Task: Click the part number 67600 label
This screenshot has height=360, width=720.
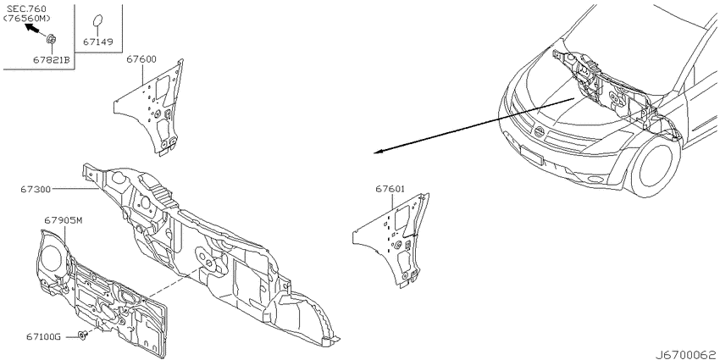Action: point(141,59)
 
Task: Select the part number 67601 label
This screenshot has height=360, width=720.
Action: point(390,189)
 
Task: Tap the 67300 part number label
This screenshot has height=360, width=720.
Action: point(35,188)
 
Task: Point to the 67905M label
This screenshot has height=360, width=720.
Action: point(64,221)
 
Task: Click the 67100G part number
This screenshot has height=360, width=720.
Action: point(44,337)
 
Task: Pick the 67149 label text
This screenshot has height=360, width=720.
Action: point(97,42)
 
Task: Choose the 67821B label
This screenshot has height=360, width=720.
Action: point(52,59)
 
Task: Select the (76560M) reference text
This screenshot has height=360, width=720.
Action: point(26,18)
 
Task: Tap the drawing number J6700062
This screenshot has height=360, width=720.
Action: point(686,355)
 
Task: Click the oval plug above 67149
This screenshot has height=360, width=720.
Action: point(98,22)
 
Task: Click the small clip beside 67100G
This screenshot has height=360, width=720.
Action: point(83,335)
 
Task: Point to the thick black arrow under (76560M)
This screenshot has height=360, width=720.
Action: point(32,29)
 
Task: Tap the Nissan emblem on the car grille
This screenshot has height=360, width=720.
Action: point(540,132)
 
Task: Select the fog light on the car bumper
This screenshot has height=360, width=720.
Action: point(595,180)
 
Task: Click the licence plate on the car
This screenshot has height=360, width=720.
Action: point(531,155)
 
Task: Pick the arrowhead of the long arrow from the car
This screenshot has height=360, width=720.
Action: point(378,152)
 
